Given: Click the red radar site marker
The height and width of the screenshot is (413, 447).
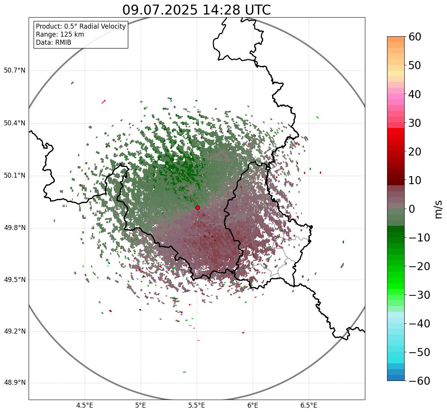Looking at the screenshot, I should coord(197,207).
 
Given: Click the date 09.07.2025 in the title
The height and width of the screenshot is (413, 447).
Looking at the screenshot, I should coord(160,10).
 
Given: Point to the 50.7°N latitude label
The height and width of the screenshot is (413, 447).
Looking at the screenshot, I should coord(15,71).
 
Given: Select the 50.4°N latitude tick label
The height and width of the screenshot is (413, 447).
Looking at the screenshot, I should coord(15,123).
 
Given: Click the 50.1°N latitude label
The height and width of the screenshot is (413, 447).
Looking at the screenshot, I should coord(15,176).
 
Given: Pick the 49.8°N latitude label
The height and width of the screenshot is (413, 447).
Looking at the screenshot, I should coord(15,228).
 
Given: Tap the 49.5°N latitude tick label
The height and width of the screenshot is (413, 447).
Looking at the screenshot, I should coord(15,280).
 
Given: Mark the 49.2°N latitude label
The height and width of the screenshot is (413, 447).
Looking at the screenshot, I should coord(15,331).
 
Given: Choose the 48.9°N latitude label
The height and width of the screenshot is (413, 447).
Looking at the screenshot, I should coord(15,383).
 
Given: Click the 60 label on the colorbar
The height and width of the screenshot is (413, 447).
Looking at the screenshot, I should coord(415,37).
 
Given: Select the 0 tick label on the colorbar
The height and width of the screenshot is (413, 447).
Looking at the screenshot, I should coord(412,209).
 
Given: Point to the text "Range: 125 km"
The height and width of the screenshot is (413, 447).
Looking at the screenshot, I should coord(60,34).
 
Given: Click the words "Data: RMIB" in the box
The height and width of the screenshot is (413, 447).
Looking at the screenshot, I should coord(53,42).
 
